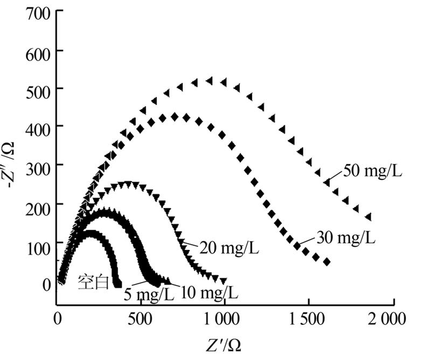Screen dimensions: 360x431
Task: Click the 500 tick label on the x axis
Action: (141, 319)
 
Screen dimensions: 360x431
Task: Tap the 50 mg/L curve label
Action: (373, 172)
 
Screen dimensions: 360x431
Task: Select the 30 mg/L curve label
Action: (345, 237)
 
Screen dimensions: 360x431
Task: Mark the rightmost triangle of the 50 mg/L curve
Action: (369, 217)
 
